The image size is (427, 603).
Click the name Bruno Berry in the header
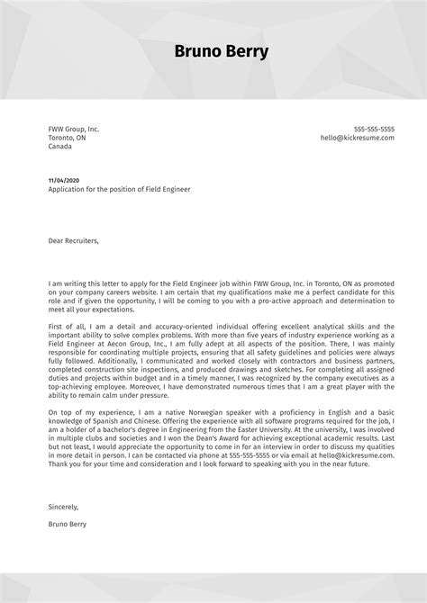(x=222, y=52)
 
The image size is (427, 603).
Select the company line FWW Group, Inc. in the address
(x=74, y=130)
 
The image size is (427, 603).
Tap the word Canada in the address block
(x=60, y=148)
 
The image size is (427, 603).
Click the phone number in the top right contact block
(x=374, y=130)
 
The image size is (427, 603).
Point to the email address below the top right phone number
(x=358, y=139)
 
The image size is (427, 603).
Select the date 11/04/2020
(x=64, y=181)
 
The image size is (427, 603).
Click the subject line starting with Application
(x=120, y=190)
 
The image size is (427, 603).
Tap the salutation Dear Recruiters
(x=74, y=240)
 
